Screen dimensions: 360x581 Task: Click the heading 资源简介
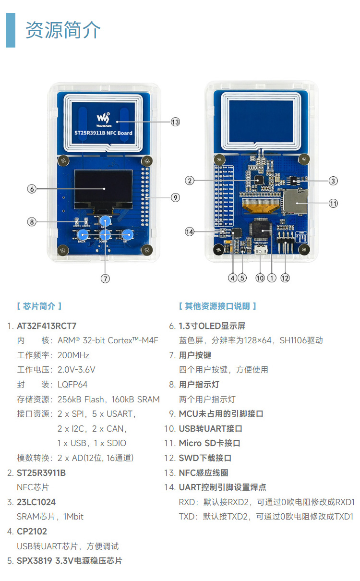(x=63, y=30)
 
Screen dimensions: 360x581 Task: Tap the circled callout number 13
(x=175, y=122)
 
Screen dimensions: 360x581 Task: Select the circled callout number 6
(x=32, y=189)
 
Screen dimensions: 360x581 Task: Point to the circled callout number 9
(x=175, y=197)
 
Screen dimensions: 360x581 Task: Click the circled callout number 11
(x=333, y=203)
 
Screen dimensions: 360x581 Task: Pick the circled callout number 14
(x=190, y=231)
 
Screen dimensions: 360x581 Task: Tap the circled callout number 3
(x=333, y=181)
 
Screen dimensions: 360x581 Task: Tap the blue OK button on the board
(x=127, y=235)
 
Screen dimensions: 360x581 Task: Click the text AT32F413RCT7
(x=47, y=326)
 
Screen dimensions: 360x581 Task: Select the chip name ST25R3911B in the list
(x=41, y=473)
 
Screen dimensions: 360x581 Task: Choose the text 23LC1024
(x=36, y=502)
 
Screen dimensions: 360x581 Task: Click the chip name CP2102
(x=32, y=532)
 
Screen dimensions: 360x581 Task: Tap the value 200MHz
(x=73, y=355)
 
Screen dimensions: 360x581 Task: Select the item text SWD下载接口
(x=205, y=458)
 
